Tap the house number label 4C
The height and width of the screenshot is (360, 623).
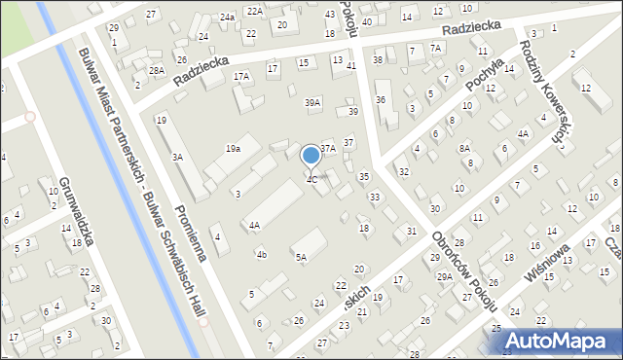click(311, 179)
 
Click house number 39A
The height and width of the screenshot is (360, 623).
click(312, 102)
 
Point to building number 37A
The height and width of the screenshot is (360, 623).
click(328, 148)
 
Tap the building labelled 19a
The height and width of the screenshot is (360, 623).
click(233, 149)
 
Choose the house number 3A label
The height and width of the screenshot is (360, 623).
click(178, 157)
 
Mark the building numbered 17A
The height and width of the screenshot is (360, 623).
click(241, 75)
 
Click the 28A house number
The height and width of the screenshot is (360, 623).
click(157, 71)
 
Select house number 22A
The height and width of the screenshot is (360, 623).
click(254, 11)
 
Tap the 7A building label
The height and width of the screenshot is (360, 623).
click(436, 48)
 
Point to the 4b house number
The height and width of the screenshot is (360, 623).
click(261, 255)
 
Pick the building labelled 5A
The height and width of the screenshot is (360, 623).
click(302, 258)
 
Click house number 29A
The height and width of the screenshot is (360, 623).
click(445, 276)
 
